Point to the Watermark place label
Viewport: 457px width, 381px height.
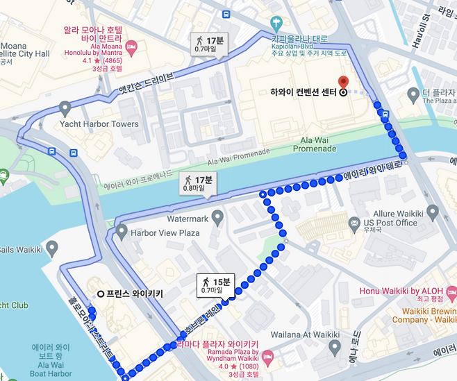click(x=188, y=219)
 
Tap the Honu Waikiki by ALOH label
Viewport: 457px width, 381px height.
click(x=401, y=292)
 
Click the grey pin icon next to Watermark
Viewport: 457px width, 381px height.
click(x=217, y=219)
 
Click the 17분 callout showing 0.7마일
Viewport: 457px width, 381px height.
click(x=211, y=44)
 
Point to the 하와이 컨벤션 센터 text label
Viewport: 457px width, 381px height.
click(x=303, y=92)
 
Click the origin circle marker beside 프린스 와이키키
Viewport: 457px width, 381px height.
click(x=101, y=294)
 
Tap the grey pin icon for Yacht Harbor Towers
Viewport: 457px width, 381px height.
click(x=65, y=108)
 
